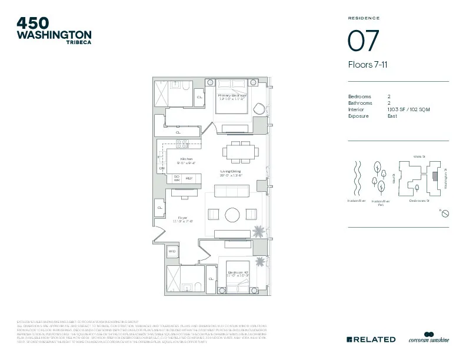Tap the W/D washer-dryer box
[172, 251]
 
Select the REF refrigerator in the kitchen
[189, 178]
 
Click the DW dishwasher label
[162, 168]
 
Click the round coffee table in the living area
[232, 214]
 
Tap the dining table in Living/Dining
[240, 151]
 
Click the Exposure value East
[392, 116]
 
